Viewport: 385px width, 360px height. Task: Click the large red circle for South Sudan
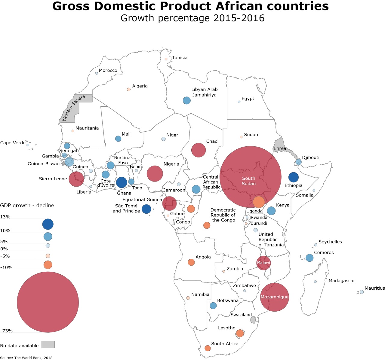(250, 177)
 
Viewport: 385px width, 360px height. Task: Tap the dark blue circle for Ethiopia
(293, 177)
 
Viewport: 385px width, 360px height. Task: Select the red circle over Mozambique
(274, 297)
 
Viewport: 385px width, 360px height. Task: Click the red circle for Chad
(199, 150)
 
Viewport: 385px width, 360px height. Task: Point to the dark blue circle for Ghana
(122, 182)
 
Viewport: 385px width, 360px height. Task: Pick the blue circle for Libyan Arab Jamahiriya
(187, 100)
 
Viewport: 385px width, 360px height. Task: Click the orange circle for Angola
(191, 262)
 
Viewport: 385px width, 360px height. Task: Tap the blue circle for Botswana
(213, 306)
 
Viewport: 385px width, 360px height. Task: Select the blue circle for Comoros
(309, 258)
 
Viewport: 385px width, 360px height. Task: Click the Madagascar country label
(342, 281)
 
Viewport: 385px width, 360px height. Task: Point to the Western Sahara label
(74, 108)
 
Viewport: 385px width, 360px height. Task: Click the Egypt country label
(248, 99)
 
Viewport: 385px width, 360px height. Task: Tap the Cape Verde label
(13, 143)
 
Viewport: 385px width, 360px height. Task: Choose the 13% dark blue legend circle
(48, 224)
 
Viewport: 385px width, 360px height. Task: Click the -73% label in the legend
(6, 331)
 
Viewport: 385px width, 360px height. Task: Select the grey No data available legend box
(48, 344)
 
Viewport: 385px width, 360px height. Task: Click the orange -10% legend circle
(48, 265)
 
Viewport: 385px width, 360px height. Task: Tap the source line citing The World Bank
(26, 358)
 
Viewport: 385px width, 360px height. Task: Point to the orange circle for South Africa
(208, 348)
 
